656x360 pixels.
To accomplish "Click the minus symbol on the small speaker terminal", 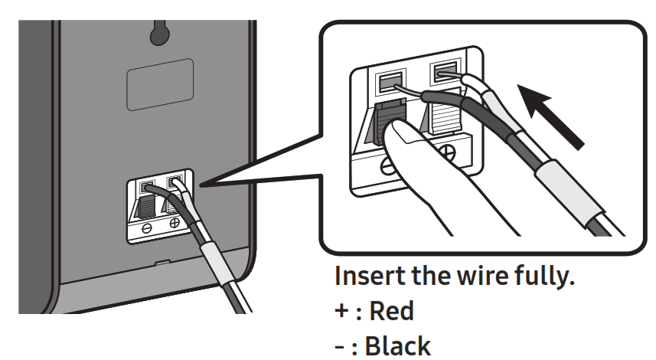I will click(x=146, y=227).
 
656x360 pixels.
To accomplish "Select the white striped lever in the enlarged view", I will click(x=446, y=123).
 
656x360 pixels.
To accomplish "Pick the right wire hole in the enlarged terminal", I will click(x=445, y=74).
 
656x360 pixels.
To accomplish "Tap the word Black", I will click(x=398, y=345).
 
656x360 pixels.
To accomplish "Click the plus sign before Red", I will click(x=342, y=313).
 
